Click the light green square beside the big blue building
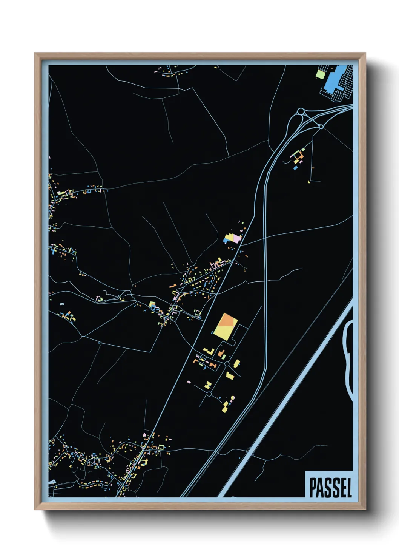(320, 74)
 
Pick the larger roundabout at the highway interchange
(301, 111)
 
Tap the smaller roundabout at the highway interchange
(321, 127)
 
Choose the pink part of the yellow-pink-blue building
(236, 238)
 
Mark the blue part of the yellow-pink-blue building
(227, 240)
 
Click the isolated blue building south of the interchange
(296, 167)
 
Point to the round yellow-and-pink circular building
(233, 397)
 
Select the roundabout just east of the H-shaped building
(227, 364)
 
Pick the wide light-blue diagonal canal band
(287, 400)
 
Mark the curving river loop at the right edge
(348, 359)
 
